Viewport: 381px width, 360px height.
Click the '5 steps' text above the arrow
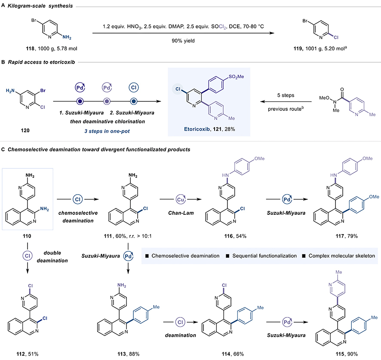coord(285,95)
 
